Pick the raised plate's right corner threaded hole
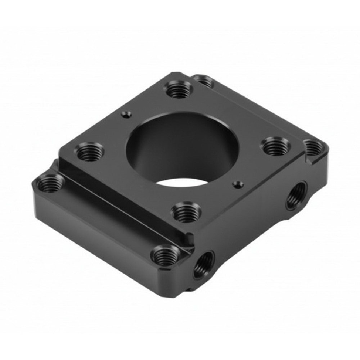point(274,146)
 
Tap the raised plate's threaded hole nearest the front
point(185,212)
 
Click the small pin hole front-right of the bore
point(237,185)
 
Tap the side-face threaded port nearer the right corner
point(296,195)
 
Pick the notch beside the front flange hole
point(187,248)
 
